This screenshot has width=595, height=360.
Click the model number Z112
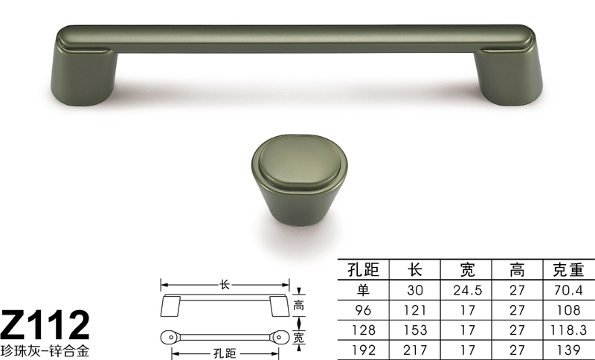tap(46, 325)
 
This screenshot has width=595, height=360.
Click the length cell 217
tap(416, 347)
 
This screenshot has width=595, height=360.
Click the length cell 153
tap(416, 328)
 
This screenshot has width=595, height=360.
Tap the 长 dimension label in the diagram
tap(225, 284)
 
